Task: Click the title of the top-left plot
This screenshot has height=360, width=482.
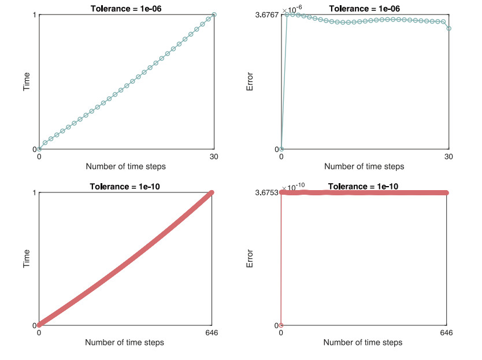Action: point(126,8)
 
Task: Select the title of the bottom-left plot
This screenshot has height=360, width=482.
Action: point(125,186)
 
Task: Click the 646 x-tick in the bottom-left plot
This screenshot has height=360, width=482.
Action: point(212,333)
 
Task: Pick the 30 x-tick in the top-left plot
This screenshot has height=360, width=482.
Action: point(214,156)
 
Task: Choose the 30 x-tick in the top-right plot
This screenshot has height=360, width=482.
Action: point(449,156)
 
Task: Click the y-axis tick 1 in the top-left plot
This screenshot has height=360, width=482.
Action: point(35,14)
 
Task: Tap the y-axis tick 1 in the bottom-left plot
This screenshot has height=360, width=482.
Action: point(35,192)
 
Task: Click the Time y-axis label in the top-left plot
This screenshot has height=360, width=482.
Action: point(27,81)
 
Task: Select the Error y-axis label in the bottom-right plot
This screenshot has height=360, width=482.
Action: point(250,259)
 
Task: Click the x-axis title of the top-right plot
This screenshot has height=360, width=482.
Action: point(364,166)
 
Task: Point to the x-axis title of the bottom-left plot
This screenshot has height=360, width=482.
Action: point(124,342)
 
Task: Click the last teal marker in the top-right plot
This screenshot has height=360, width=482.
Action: point(449,28)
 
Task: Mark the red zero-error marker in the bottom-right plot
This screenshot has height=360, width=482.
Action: point(281,325)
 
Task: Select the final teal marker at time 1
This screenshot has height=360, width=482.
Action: point(214,14)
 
